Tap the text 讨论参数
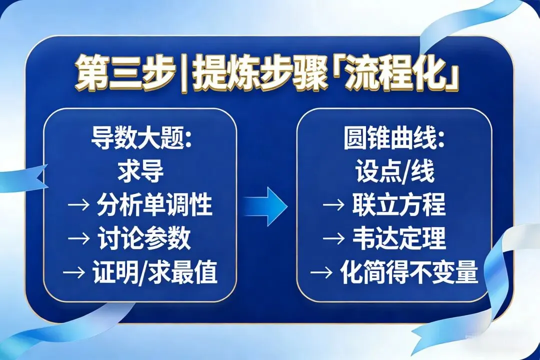coord(144,239)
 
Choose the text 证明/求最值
coord(154,273)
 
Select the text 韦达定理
coord(398,239)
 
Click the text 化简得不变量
coord(409,273)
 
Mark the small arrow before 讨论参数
coord(78,239)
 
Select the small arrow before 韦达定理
coord(334,239)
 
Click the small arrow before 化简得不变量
coord(321,273)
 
